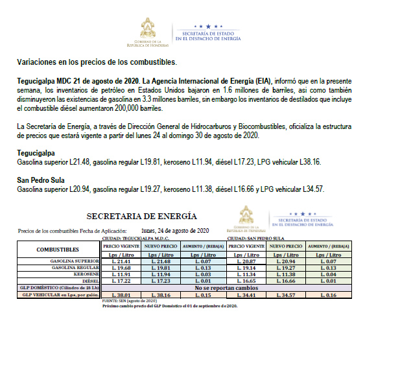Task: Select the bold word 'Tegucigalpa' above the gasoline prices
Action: click(x=36, y=152)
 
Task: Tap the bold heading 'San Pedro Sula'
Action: click(x=40, y=180)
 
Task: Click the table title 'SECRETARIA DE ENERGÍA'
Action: click(x=141, y=216)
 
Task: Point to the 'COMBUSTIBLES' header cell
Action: click(x=58, y=250)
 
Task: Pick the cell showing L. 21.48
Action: click(x=161, y=261)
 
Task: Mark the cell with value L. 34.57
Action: click(x=286, y=295)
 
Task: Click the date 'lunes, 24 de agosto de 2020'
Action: click(x=175, y=230)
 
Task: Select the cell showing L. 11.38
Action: click(x=286, y=274)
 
